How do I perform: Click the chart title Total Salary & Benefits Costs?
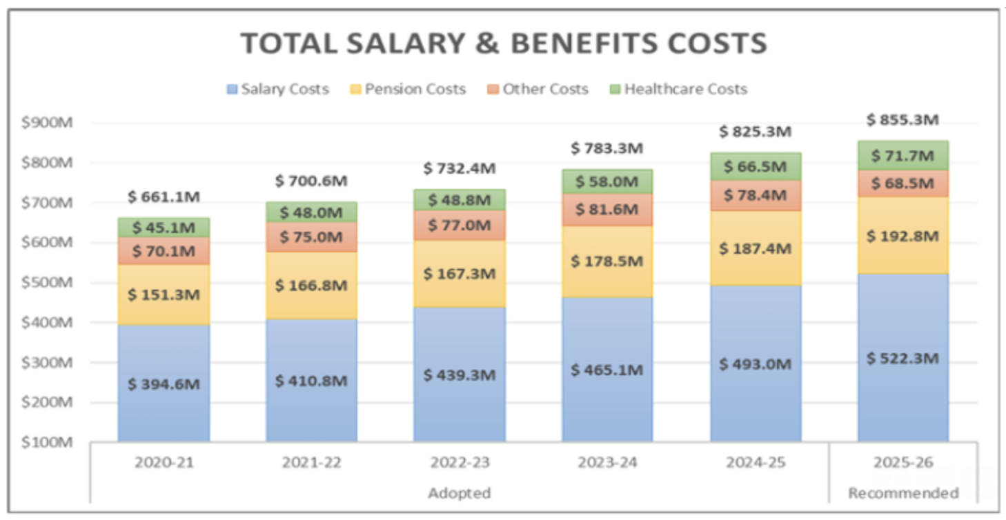(503, 43)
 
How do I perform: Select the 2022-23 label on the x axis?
(459, 462)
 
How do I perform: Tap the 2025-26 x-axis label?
(903, 462)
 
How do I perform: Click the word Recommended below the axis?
(903, 493)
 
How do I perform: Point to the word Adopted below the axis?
(459, 493)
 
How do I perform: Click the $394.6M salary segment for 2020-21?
(164, 383)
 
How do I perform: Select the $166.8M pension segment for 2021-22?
(311, 285)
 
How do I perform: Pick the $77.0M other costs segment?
(459, 225)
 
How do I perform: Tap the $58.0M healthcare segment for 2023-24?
(607, 182)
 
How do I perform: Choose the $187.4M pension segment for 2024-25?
(756, 248)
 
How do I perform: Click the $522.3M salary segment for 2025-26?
(903, 359)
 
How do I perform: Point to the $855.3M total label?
(903, 120)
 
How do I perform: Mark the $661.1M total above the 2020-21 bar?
(164, 197)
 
